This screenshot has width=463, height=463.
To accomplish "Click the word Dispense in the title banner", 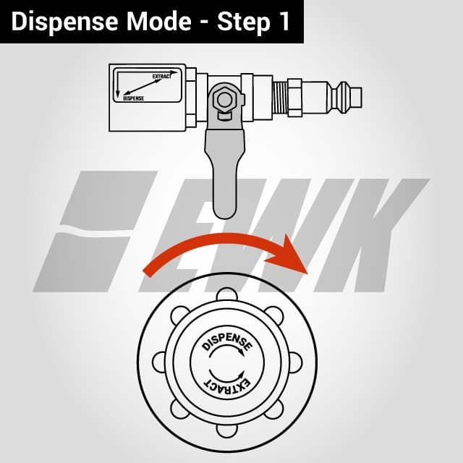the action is click(x=64, y=22).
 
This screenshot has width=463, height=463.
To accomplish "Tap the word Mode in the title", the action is click(x=159, y=21).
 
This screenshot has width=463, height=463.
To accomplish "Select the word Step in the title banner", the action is click(x=244, y=22).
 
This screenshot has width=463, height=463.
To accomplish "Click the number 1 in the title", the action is click(x=285, y=21).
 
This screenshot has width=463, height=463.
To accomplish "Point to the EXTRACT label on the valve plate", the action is click(x=162, y=76).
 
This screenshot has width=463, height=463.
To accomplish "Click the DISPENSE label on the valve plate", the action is click(x=133, y=98).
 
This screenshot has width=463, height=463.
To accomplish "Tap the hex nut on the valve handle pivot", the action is click(x=224, y=100).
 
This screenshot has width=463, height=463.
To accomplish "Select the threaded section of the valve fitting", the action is click(x=280, y=98).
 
